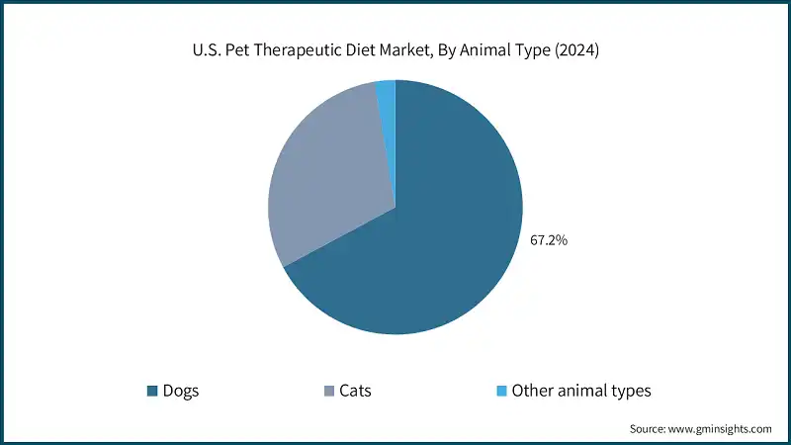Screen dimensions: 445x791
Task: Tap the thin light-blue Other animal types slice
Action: pos(387,91)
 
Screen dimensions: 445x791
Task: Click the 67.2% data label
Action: pos(549,239)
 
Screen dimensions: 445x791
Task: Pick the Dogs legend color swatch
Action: pos(152,391)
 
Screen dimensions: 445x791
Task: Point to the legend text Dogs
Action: pos(182,391)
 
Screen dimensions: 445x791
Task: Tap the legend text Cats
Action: pos(355,391)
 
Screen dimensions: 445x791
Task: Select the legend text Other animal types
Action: pos(581,391)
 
